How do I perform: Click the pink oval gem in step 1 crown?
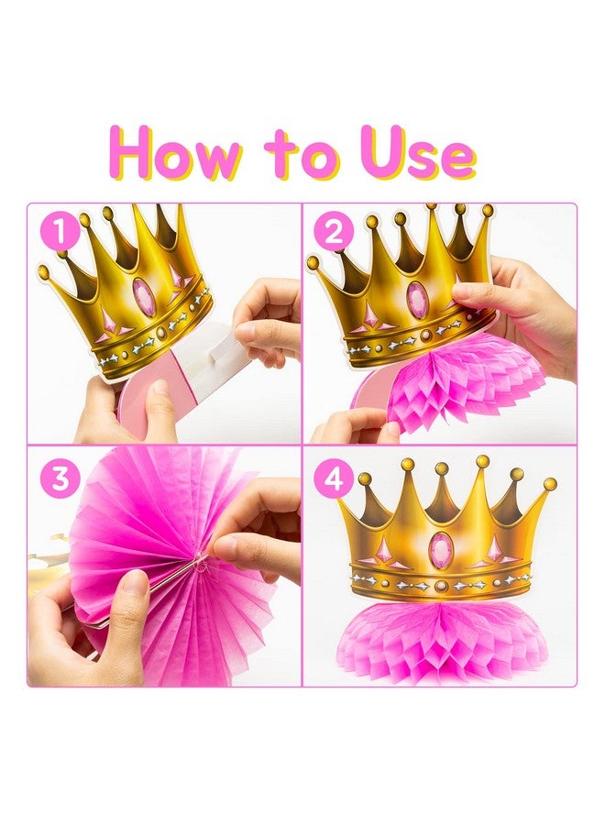(145, 297)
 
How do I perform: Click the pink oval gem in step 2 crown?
(418, 300)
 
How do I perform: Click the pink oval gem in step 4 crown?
(441, 550)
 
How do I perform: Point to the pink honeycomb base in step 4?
(442, 638)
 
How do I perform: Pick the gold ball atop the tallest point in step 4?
(482, 462)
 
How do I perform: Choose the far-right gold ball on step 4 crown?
(550, 483)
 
